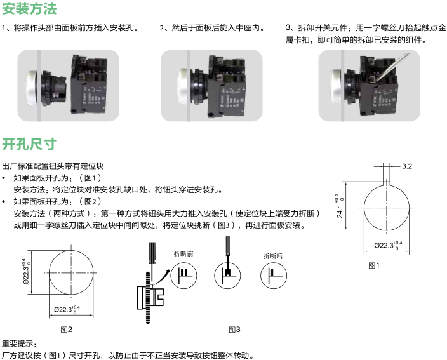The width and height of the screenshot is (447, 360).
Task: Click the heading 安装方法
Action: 29,9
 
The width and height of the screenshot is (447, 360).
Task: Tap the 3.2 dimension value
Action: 407,166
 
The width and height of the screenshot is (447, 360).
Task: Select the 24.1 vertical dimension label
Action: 340,206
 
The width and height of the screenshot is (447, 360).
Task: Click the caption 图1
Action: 374,265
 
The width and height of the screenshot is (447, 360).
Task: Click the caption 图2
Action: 66,329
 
